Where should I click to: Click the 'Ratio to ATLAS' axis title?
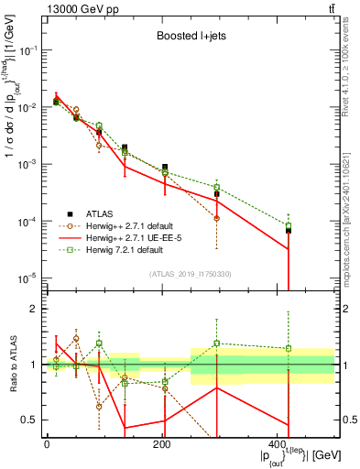(x=13, y=364)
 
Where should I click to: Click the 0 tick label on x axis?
(x=47, y=445)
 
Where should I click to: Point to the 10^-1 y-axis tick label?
(x=29, y=50)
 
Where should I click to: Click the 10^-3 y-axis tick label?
(x=29, y=164)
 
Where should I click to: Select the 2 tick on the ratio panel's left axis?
(x=35, y=309)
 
